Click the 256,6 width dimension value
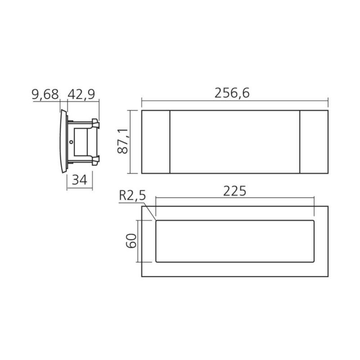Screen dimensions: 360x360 pos(232,93)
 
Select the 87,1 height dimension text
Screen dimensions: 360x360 pos(122,141)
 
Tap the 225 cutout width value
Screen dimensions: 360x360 pos(234,191)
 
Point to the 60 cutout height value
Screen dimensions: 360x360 pos(131,241)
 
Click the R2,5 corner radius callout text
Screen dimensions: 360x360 pos(132,196)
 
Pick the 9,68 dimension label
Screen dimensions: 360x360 pos(45,94)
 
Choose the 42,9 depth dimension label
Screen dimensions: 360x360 pos(81,94)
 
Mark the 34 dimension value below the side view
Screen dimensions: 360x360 pos(80,180)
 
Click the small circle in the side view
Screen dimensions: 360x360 pos(71,142)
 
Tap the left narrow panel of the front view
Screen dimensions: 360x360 pos(156,142)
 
